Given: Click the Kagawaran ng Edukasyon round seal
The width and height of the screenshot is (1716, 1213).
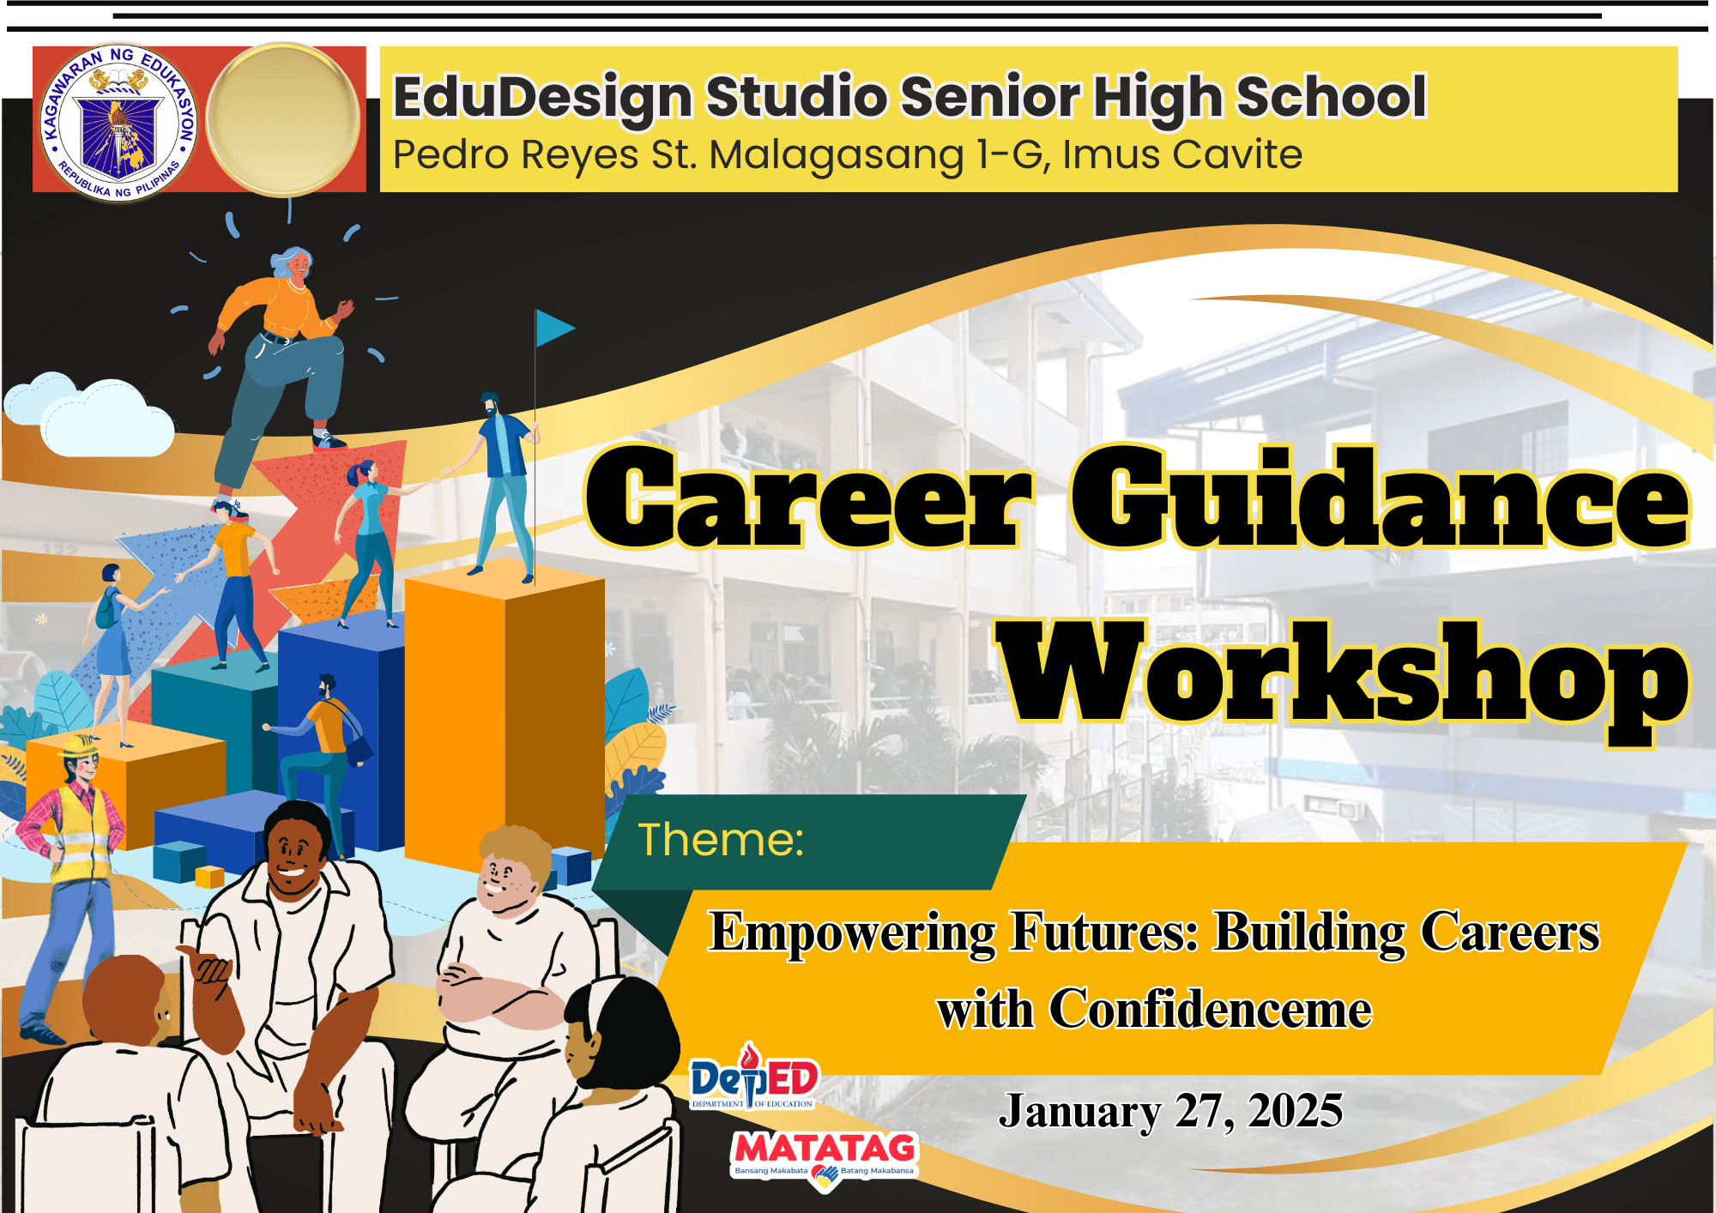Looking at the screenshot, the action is [x=118, y=122].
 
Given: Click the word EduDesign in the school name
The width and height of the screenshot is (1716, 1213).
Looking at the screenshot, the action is [x=542, y=97].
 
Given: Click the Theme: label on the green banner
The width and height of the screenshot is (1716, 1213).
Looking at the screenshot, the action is [x=721, y=839].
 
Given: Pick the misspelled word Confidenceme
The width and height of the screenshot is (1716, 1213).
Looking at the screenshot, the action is [x=1210, y=1008].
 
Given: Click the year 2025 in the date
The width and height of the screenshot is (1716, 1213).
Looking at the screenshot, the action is [x=1296, y=1111].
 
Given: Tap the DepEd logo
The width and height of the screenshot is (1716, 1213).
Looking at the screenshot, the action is [x=753, y=1076].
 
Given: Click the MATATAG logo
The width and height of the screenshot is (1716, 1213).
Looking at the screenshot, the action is [x=825, y=1159].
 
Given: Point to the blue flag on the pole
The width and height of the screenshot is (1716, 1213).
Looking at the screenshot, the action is [x=554, y=328].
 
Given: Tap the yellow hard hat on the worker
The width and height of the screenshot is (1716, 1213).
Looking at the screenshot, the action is [x=79, y=745].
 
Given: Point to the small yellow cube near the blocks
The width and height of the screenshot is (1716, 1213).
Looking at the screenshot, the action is [x=209, y=877].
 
